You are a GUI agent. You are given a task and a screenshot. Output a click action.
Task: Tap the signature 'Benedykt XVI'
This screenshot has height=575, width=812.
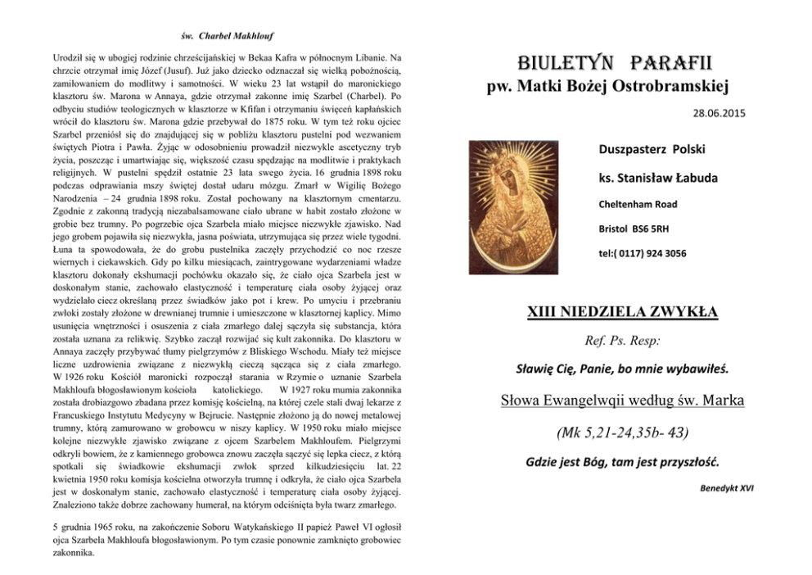[x=727, y=488]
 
